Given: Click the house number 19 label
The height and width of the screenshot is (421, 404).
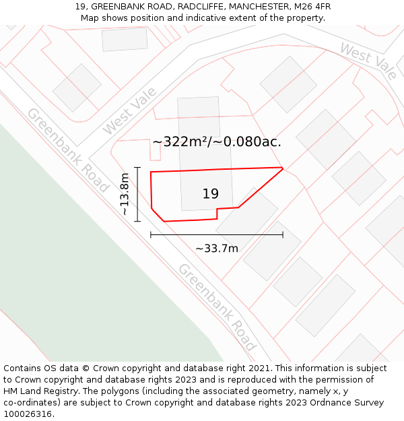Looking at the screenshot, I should pos(210,194).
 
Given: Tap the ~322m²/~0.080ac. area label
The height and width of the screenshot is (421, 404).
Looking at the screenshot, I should pos(217,142).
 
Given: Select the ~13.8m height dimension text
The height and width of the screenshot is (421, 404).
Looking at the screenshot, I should pos(125,194).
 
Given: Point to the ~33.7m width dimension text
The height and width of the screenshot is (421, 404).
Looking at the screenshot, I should pos(217,249).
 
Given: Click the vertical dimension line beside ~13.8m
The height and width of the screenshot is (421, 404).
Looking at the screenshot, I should pos(137,194).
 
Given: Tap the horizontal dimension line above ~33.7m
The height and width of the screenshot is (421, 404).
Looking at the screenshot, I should pos(217,234).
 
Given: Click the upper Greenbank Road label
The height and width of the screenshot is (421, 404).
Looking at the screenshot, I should pos(67,150).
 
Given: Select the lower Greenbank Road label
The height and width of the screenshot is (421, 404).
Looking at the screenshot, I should pos(217,307).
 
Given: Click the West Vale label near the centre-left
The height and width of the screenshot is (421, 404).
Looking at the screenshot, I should pos(129,111).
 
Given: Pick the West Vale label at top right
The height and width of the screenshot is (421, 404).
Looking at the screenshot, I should pos(368,61).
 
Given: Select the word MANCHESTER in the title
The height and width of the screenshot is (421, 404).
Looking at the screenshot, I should pos(257,7).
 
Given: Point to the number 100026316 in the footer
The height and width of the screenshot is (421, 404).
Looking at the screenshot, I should pos(28,414).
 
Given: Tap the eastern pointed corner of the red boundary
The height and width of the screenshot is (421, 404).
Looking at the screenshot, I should pos(282,168).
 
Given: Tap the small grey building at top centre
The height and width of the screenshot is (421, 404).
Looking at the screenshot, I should pos(125,39).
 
